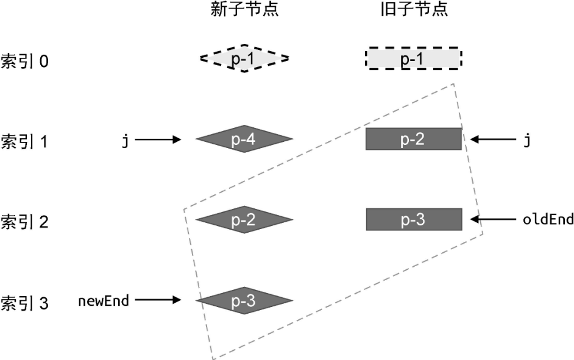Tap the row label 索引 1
point(25,141)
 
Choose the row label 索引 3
point(25,302)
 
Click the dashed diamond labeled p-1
point(244,58)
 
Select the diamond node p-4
point(244,139)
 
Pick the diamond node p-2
point(244,220)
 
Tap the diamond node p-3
point(244,300)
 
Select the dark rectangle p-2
point(413,139)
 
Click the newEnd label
point(103,300)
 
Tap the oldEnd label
point(548,219)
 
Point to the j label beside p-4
point(125,141)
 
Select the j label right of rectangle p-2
point(526,141)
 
